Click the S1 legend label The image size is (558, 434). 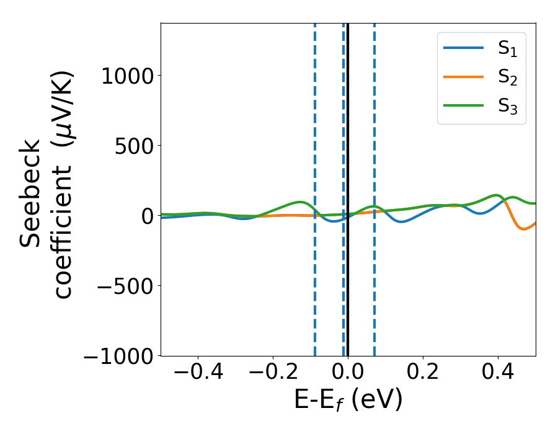coord(507,50)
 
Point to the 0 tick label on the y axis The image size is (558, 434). coord(147,216)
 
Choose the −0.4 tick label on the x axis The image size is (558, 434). coord(198,375)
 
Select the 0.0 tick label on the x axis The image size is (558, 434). coord(348,375)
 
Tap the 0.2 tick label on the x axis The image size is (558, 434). coord(423,375)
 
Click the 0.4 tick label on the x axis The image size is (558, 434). coord(498,375)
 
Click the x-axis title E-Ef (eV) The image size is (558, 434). coord(348,401)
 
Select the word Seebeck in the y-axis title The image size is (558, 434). coord(30,193)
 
